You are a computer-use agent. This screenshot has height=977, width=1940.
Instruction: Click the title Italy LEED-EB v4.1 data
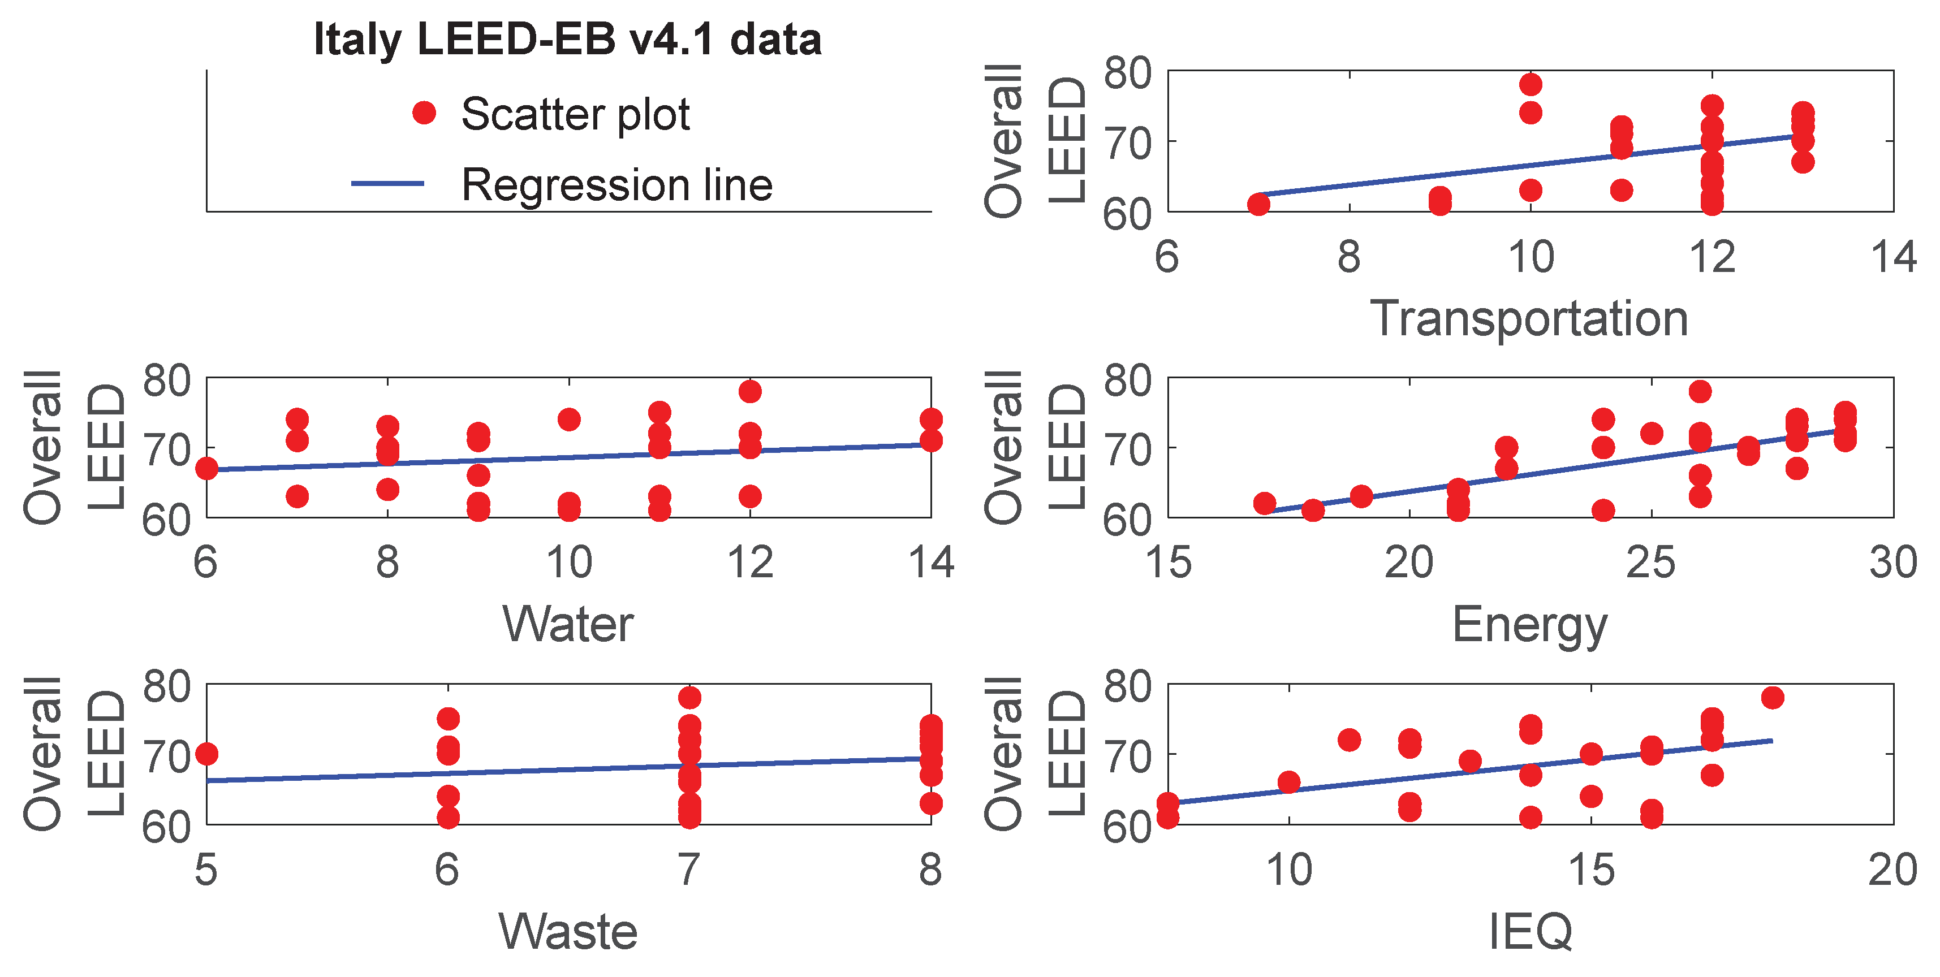pos(567,39)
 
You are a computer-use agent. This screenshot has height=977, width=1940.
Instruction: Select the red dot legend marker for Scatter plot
pos(424,113)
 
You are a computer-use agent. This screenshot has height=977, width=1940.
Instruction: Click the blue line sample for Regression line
pos(388,184)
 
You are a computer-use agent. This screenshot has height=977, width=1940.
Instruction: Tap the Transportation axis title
pos(1529,318)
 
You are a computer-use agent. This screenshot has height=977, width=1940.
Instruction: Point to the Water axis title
pos(568,625)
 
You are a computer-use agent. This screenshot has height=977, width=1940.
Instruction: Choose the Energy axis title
pos(1529,625)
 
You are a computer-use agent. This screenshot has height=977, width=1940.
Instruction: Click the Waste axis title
pos(568,932)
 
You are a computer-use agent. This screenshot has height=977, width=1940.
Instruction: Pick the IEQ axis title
pos(1529,932)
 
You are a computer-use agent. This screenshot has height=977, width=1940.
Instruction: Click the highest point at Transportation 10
pos(1531,84)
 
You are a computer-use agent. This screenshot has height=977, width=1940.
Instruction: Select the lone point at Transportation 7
pos(1258,204)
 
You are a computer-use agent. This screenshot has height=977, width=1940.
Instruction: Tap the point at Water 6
pos(206,468)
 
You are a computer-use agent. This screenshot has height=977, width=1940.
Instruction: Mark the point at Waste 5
pos(206,754)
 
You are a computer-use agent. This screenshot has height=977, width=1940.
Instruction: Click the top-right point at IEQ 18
pos(1773,698)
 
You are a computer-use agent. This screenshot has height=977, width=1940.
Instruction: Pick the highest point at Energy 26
pos(1700,391)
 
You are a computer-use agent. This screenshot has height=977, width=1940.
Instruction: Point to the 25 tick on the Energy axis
pos(1651,563)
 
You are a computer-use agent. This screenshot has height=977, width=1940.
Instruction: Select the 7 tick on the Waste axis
pos(689,870)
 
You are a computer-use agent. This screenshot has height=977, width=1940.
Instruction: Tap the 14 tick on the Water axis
pos(931,563)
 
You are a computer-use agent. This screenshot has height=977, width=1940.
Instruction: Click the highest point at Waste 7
pos(689,698)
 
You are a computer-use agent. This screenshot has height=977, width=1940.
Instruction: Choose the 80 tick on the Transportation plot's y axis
pos(1127,73)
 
